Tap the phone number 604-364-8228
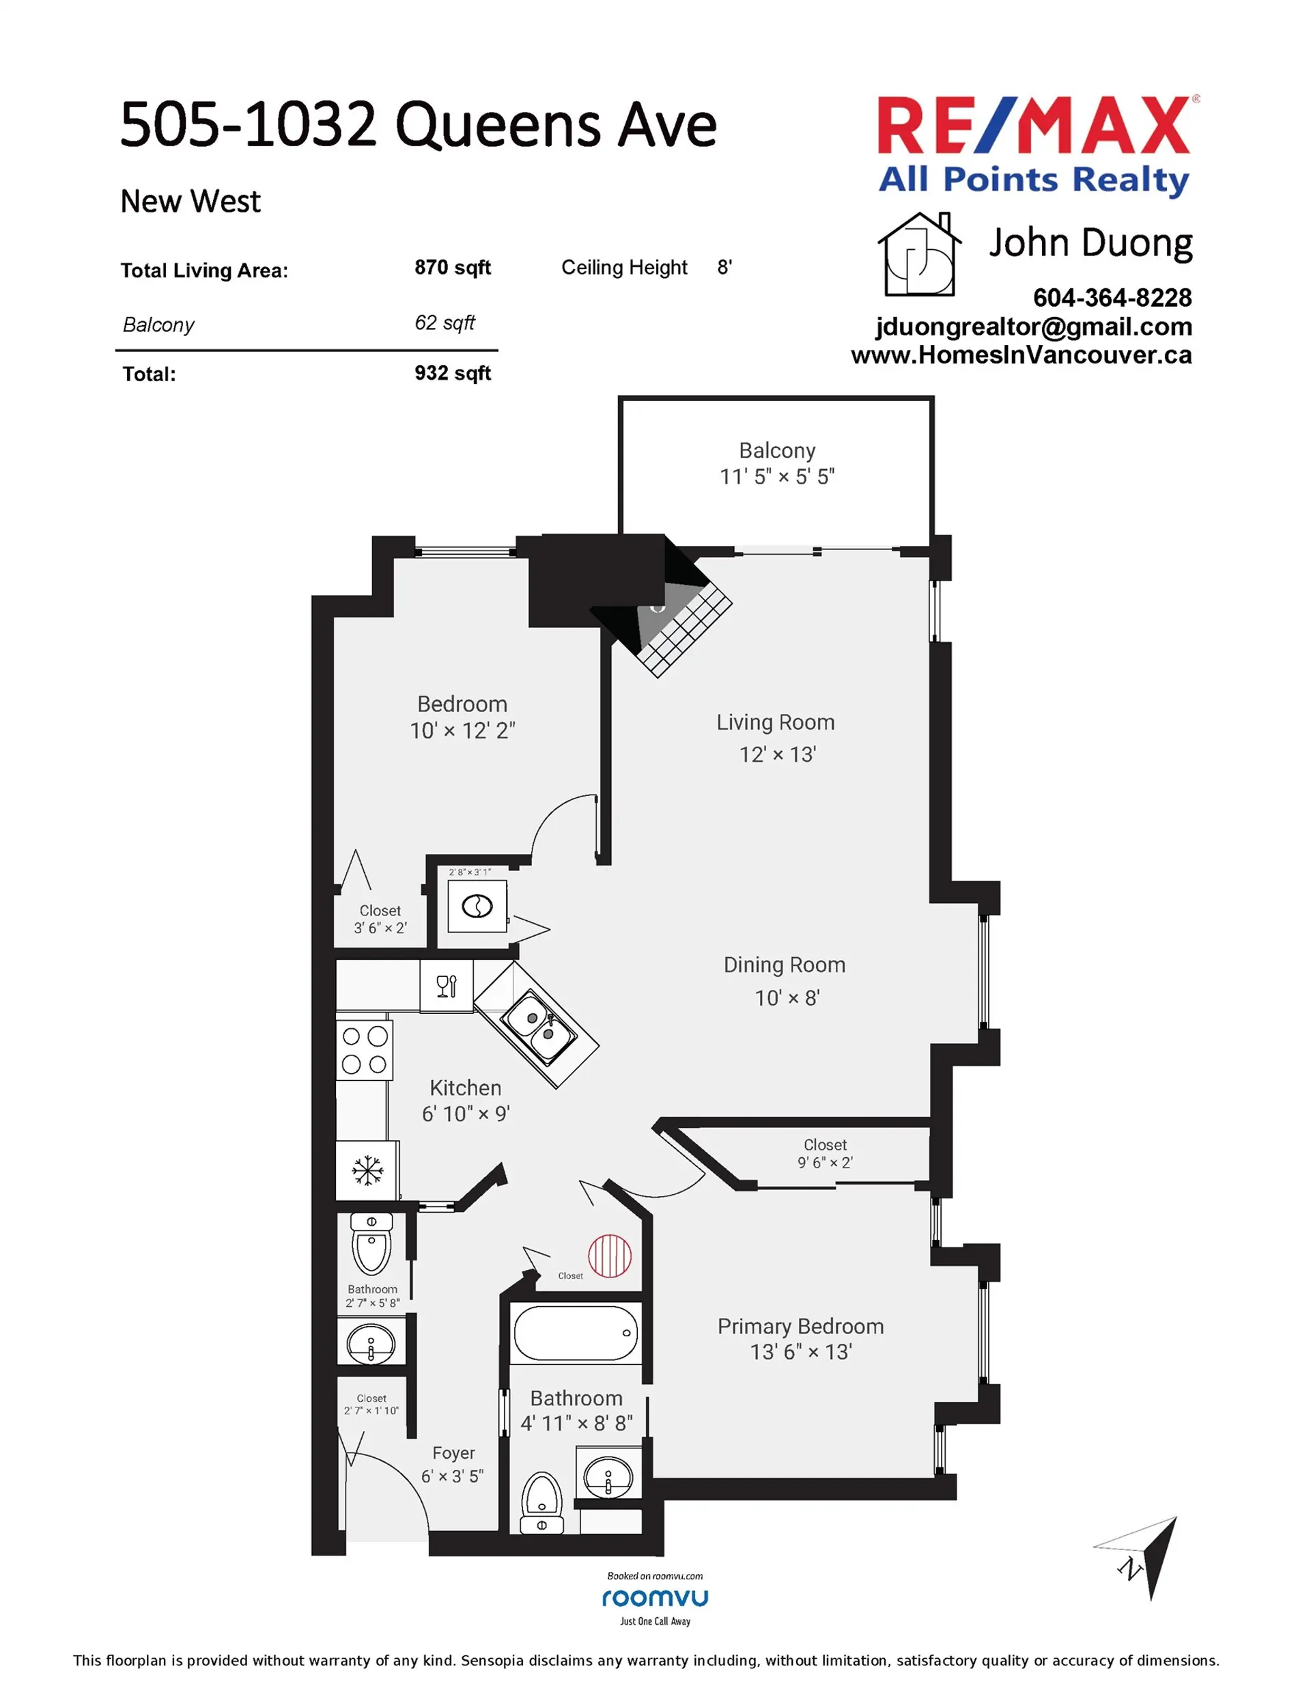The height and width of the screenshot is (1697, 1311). coord(1112,298)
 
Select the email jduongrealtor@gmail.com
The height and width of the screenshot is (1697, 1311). coord(1033,327)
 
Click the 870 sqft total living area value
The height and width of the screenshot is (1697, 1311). coord(452,267)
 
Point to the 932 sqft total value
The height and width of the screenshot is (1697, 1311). coord(452,373)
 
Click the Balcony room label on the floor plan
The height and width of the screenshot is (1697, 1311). coord(776,451)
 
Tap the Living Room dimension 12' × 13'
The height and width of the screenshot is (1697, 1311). coord(776,754)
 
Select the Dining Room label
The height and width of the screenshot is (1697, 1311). coord(785,965)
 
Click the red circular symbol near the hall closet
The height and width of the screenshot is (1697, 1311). coord(610,1256)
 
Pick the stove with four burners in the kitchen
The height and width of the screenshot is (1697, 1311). coord(364,1051)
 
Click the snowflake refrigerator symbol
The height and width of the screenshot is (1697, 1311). coord(367,1170)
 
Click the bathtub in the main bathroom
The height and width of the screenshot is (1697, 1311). coord(576,1334)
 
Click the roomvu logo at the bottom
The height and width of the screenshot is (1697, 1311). coord(655,1599)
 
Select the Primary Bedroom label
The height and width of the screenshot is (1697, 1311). coord(800,1326)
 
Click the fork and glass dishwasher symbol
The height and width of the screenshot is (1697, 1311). coord(447,987)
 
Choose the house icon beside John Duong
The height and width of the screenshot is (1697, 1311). coord(919,255)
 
